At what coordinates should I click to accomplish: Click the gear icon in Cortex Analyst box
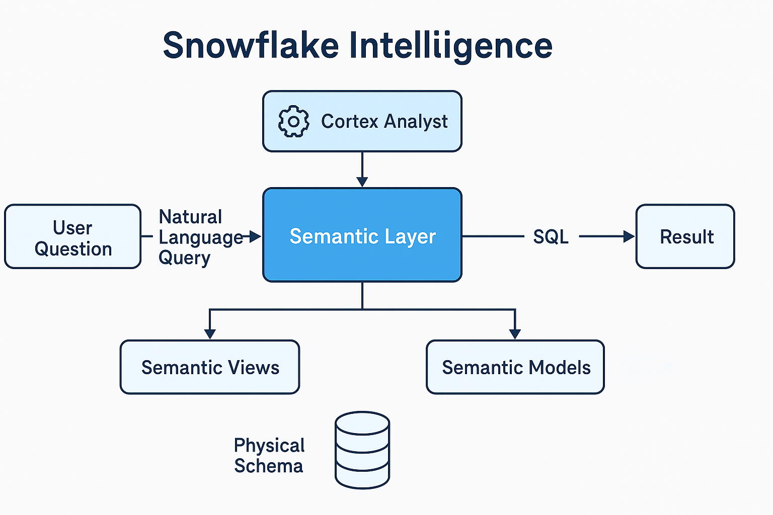pyautogui.click(x=293, y=121)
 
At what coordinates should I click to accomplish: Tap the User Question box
pyautogui.click(x=72, y=237)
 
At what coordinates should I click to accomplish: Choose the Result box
pyautogui.click(x=685, y=236)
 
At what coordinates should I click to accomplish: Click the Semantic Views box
pyautogui.click(x=210, y=368)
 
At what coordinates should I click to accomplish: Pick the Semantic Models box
pyautogui.click(x=515, y=368)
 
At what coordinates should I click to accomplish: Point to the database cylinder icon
pyautogui.click(x=362, y=450)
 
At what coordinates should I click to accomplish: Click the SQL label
pyautogui.click(x=551, y=237)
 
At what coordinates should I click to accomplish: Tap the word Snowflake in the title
pyautogui.click(x=251, y=46)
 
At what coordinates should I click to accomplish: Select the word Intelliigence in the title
pyautogui.click(x=450, y=46)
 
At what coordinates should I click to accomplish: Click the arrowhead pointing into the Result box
pyautogui.click(x=629, y=236)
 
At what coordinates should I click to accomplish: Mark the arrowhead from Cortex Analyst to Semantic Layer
pyautogui.click(x=362, y=182)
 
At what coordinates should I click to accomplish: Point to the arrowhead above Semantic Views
pyautogui.click(x=210, y=334)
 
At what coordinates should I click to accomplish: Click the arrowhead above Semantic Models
pyautogui.click(x=515, y=334)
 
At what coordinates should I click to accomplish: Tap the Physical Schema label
pyautogui.click(x=269, y=456)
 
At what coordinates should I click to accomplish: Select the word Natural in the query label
pyautogui.click(x=190, y=217)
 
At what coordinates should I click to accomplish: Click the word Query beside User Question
pyautogui.click(x=184, y=258)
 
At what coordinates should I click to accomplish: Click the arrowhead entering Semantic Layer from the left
pyautogui.click(x=255, y=236)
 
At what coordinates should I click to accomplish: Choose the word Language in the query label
pyautogui.click(x=201, y=237)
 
